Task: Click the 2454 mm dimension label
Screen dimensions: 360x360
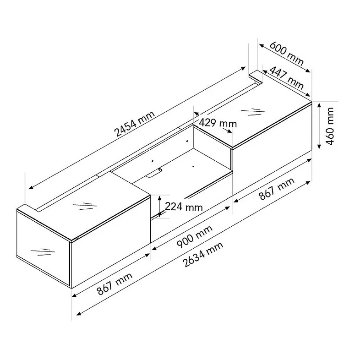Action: click(135, 124)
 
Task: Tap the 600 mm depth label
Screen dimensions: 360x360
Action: click(287, 53)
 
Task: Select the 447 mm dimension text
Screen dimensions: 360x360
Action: click(286, 77)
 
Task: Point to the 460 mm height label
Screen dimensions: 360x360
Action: click(330, 126)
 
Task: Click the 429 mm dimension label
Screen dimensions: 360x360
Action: click(218, 123)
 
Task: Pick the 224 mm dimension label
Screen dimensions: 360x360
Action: click(184, 207)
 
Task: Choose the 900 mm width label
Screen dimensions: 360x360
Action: click(195, 236)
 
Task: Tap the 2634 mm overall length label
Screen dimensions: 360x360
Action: click(203, 254)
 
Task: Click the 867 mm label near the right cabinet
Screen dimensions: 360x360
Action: click(277, 189)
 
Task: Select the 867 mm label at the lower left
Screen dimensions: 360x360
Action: click(115, 284)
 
